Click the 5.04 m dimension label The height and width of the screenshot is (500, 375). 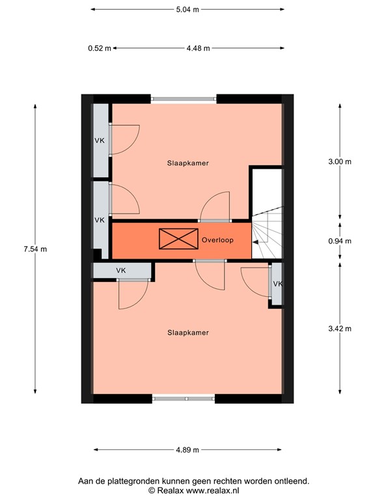click(187, 10)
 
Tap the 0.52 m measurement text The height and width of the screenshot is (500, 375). click(99, 48)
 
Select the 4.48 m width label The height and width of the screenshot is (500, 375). click(197, 48)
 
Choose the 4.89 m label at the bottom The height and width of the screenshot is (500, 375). click(187, 449)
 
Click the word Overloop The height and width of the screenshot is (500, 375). click(217, 240)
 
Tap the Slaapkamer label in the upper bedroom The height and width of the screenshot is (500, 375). click(187, 163)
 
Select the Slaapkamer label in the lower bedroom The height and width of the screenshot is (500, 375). click(187, 332)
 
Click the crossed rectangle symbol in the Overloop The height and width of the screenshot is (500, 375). click(178, 239)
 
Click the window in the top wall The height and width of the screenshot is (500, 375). click(184, 99)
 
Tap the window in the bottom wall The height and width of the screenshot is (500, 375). click(184, 398)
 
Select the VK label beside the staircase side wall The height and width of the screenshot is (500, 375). click(278, 284)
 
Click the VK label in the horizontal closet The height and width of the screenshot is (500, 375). click(120, 270)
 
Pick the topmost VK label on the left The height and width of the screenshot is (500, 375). click(100, 141)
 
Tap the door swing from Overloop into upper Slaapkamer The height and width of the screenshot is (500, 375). click(215, 207)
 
